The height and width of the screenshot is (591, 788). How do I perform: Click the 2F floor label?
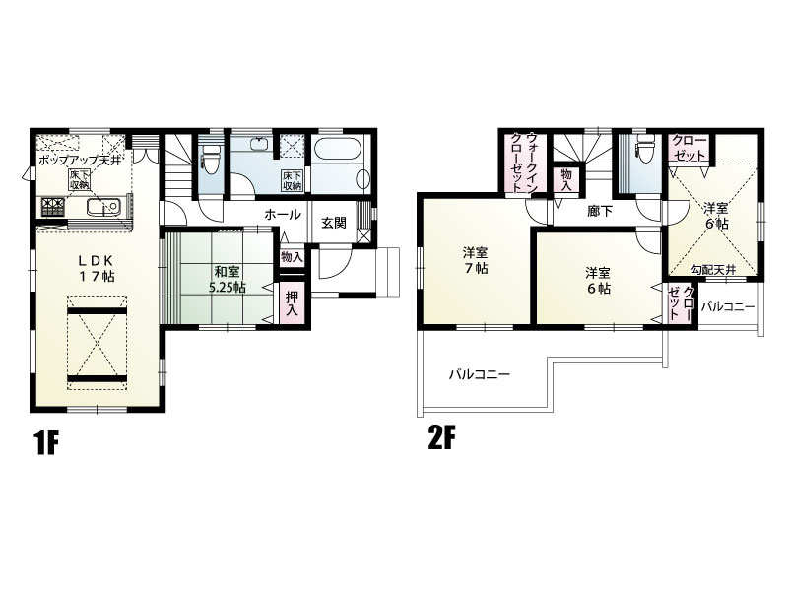pos(441,439)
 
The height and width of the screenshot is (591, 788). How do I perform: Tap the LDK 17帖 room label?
pos(97,268)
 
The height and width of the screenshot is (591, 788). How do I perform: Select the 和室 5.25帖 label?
pos(228,280)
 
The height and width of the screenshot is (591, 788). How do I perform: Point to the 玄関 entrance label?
pos(333,223)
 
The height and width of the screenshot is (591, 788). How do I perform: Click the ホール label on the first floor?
pos(283,215)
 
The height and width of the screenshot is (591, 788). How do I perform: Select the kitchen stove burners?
pos(53,207)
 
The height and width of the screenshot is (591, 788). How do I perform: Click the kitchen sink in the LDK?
pos(103,207)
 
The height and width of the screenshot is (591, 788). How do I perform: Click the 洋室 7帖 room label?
pos(475,260)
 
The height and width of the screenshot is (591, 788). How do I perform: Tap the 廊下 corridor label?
pos(600,211)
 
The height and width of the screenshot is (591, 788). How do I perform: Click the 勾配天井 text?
pos(713,269)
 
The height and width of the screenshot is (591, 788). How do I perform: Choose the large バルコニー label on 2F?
pos(480,374)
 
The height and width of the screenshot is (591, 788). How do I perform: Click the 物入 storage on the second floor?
pos(565,179)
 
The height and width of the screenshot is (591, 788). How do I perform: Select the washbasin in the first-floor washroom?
pos(260,143)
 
